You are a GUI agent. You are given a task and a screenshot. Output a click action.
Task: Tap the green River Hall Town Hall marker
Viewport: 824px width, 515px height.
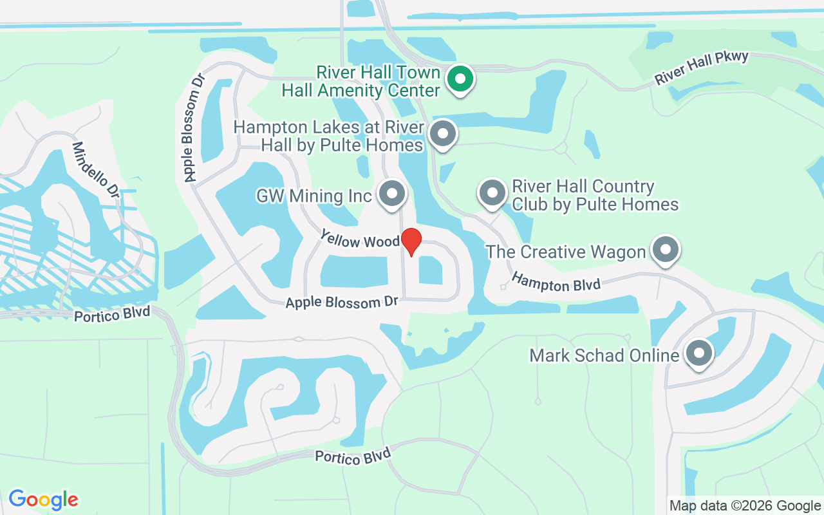(x=460, y=79)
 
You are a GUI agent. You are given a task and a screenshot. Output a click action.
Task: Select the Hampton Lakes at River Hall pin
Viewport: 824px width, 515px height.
(x=442, y=134)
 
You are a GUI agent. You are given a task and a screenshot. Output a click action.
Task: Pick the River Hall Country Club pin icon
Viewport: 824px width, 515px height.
(x=492, y=192)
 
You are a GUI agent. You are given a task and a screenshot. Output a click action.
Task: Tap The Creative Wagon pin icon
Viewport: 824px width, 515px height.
(x=666, y=248)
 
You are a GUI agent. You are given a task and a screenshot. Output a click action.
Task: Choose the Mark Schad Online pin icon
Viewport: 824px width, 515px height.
(x=698, y=353)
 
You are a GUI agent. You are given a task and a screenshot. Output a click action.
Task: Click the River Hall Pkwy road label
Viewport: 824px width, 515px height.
(x=702, y=68)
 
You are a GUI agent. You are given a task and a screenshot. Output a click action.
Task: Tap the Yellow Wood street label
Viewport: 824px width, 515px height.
(x=360, y=239)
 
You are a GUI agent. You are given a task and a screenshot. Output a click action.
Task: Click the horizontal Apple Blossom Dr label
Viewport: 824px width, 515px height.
(x=342, y=301)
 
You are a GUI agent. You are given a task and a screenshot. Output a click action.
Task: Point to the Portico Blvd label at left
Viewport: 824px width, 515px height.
(x=112, y=315)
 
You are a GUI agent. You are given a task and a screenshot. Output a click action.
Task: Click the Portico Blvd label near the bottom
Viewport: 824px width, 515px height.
(x=353, y=456)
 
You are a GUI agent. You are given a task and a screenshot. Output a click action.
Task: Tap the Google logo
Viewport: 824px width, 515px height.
(x=43, y=500)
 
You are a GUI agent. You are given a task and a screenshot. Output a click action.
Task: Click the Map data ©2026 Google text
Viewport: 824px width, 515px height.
(x=745, y=506)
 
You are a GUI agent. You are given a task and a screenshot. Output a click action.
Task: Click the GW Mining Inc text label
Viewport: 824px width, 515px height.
(x=314, y=195)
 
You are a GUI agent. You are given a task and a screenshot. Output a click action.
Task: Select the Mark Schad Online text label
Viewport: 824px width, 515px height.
(x=604, y=355)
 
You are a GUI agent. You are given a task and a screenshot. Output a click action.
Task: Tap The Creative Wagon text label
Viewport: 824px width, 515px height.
(x=566, y=251)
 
